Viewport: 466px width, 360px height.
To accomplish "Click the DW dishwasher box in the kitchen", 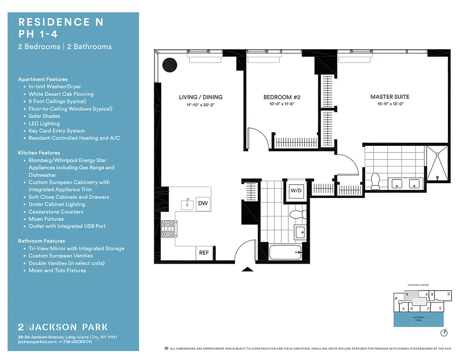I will [x=203, y=203].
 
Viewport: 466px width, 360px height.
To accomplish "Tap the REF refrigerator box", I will [x=204, y=253].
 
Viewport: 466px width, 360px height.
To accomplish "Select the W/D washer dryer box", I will [x=296, y=191].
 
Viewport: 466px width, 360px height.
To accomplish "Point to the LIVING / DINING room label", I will [x=200, y=97].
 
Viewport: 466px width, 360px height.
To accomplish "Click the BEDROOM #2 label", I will [x=282, y=97].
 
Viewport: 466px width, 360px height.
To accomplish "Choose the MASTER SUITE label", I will [x=390, y=97].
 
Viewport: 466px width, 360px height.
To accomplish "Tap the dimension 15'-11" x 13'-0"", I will [x=390, y=104].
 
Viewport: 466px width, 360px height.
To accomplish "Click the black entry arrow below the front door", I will [x=248, y=270].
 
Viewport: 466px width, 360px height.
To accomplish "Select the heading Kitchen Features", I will [x=39, y=153].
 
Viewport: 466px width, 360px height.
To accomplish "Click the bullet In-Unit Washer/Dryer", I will [x=54, y=87].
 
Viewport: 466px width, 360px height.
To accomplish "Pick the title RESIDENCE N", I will [x=61, y=22].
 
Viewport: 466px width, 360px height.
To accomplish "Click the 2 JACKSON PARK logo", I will [x=63, y=327].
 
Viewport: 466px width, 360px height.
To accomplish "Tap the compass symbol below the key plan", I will [x=444, y=333].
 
